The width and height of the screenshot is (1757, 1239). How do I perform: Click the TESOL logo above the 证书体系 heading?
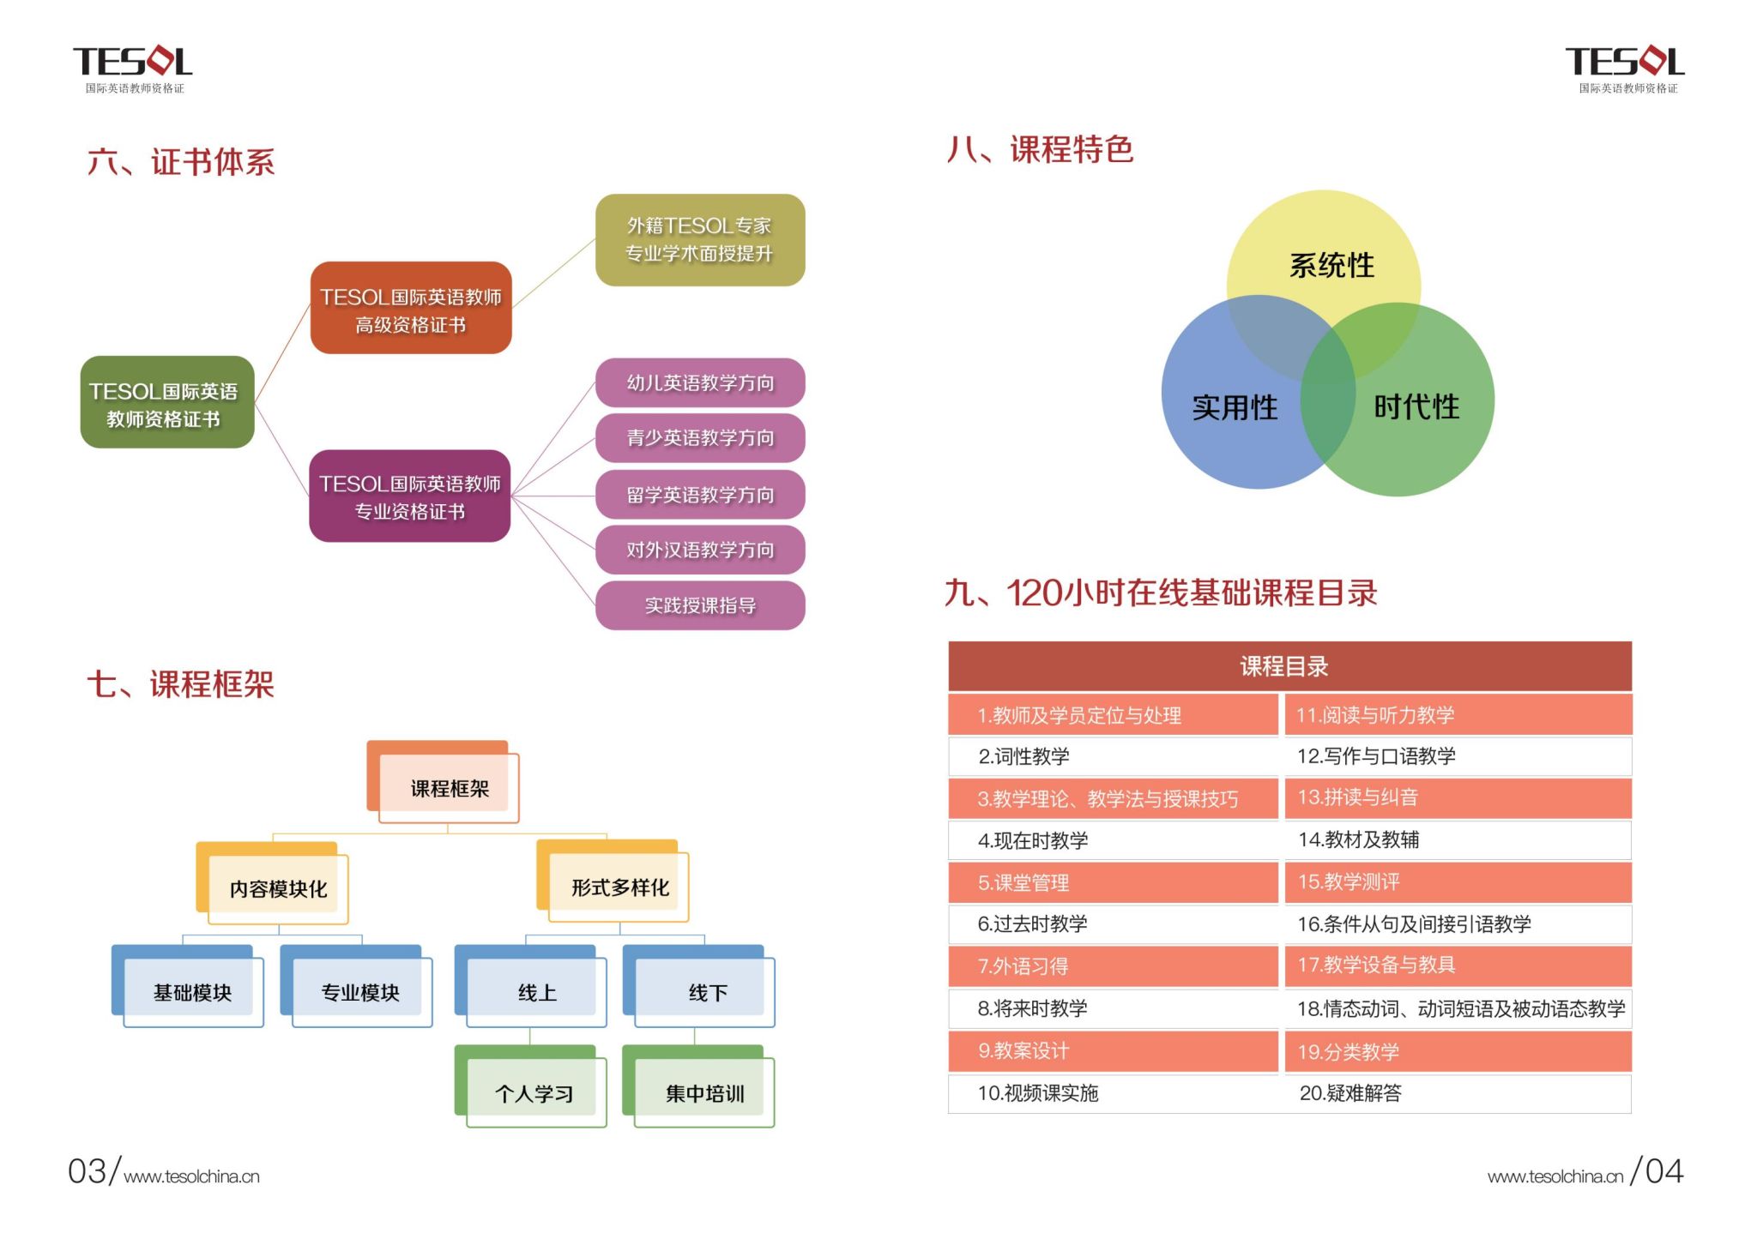pos(133,67)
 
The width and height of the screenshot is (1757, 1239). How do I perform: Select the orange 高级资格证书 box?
pos(410,309)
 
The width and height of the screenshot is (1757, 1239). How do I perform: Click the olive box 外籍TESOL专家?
pos(699,239)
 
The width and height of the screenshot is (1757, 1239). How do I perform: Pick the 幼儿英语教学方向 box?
pos(699,382)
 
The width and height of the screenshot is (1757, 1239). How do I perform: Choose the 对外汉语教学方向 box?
pos(699,550)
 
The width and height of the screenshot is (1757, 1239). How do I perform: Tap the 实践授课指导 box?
pos(699,605)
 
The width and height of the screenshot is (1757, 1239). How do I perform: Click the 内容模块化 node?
pos(277,888)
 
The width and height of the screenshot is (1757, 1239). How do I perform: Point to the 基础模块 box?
pos(191,991)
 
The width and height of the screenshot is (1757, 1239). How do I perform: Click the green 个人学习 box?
pos(533,1092)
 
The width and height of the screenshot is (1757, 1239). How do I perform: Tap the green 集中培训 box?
pos(703,1092)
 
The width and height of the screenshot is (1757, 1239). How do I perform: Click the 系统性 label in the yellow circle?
pos(1331,266)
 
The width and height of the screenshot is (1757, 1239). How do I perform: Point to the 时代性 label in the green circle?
pos(1416,406)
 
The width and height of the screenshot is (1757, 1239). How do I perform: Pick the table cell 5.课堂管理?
pos(1112,882)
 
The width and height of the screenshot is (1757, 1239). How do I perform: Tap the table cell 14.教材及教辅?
pos(1457,839)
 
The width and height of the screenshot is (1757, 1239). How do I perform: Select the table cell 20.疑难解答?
pos(1457,1092)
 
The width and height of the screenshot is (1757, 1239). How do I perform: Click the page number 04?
pos(1663,1171)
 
